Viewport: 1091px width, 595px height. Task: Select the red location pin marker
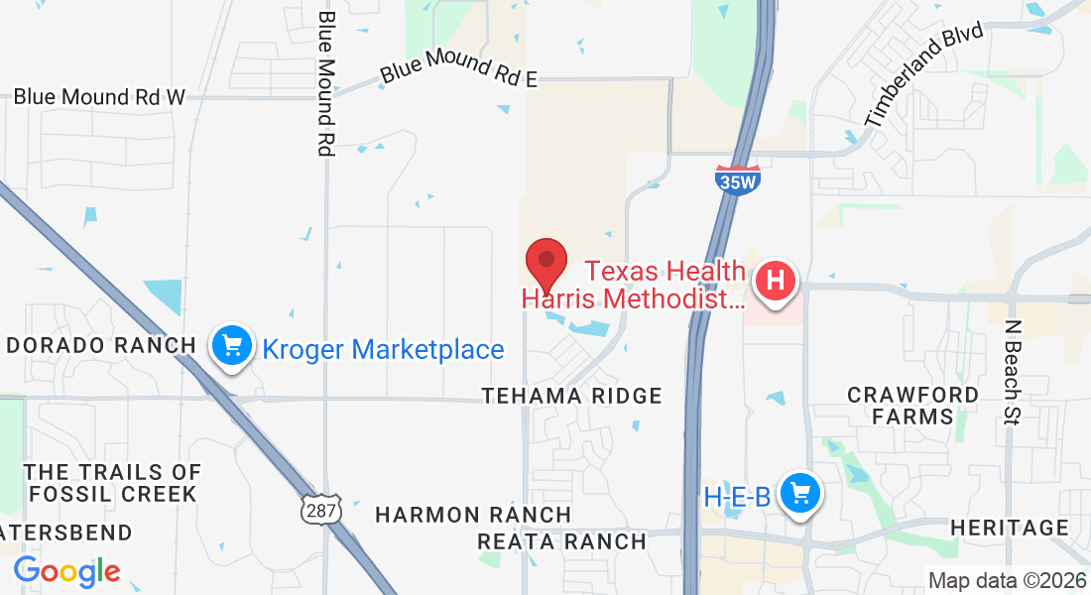pos(545,264)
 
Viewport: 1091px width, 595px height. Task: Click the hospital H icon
pos(777,281)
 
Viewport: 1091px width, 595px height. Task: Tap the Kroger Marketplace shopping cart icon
pos(231,346)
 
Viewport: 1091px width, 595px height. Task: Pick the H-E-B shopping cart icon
pos(798,493)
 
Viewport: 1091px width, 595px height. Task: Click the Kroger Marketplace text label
pos(383,349)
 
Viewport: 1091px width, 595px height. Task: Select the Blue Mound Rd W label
pos(99,97)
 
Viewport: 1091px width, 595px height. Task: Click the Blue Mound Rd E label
pos(459,71)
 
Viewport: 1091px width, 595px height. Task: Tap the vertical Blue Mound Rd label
pos(325,83)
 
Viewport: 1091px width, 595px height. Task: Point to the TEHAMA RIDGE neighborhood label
pos(571,396)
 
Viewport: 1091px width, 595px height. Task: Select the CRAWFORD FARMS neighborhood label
pos(912,406)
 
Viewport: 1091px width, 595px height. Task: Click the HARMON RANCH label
pos(473,515)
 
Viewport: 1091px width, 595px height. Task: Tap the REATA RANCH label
pos(561,541)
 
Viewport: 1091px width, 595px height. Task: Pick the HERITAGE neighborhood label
pos(1009,528)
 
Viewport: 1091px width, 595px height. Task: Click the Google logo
pos(66,571)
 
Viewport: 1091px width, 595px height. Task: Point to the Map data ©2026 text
pos(1006,580)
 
